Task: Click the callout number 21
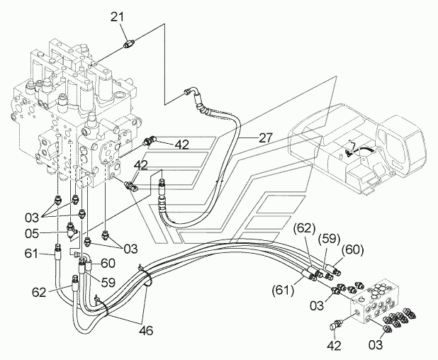pyautogui.click(x=118, y=17)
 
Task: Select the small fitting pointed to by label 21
pyautogui.click(x=130, y=44)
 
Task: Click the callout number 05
pyautogui.click(x=32, y=233)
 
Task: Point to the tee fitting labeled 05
pyautogui.click(x=72, y=230)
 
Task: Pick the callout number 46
pyautogui.click(x=146, y=331)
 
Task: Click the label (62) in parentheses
pyautogui.click(x=304, y=229)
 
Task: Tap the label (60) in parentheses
pyautogui.click(x=352, y=250)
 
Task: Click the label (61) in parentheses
pyautogui.click(x=283, y=290)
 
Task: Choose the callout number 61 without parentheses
pyautogui.click(x=31, y=254)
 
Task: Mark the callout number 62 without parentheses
pyautogui.click(x=39, y=292)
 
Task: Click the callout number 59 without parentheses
pyautogui.click(x=108, y=282)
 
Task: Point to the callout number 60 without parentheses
pyautogui.click(x=108, y=263)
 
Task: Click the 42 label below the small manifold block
pyautogui.click(x=334, y=346)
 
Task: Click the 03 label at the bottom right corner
pyautogui.click(x=376, y=345)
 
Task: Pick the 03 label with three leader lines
pyautogui.click(x=32, y=218)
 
